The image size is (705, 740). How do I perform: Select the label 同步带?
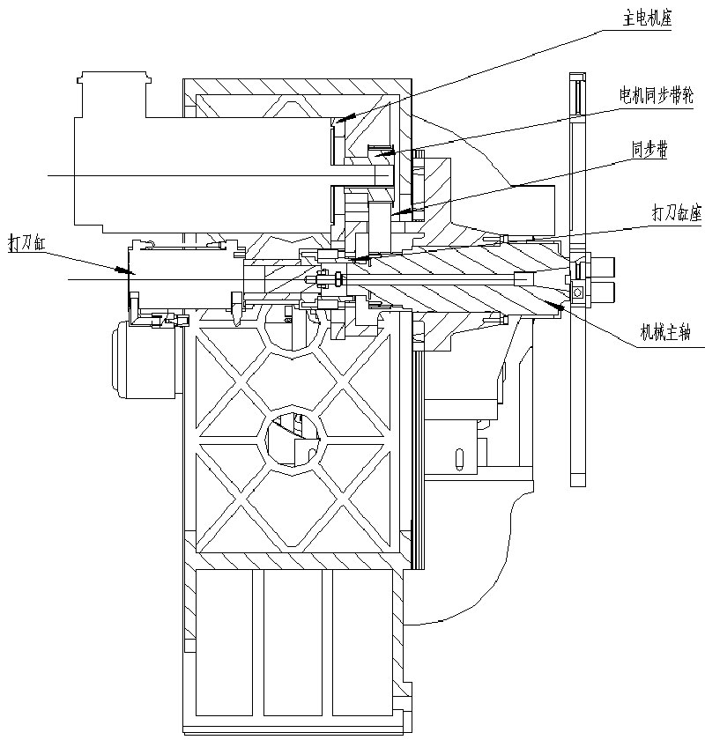coord(649,151)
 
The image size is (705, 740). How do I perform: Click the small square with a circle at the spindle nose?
coord(579,292)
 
